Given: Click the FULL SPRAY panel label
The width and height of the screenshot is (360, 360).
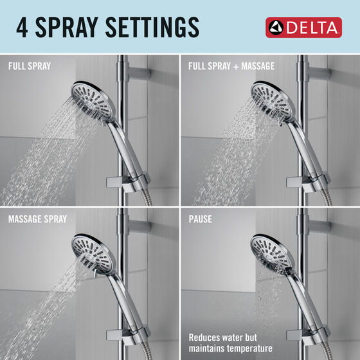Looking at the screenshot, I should point(29,66).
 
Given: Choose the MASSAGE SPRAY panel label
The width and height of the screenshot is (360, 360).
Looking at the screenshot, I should point(37,219).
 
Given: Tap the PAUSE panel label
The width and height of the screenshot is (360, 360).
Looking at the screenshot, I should point(200,219).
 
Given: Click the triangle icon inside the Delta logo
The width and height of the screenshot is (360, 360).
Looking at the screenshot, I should point(277,28).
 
